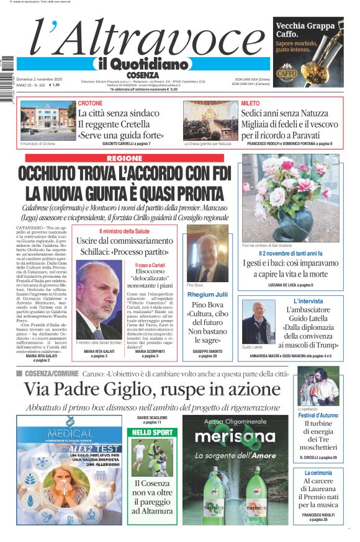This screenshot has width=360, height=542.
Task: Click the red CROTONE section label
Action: coord(91,103)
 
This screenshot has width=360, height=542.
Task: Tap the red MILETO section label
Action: coord(251,103)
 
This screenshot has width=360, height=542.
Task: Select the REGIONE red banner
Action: coord(124,158)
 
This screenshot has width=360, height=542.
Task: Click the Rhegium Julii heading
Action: coord(207,295)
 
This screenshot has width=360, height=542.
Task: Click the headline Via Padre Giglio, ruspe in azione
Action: coord(152,389)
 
